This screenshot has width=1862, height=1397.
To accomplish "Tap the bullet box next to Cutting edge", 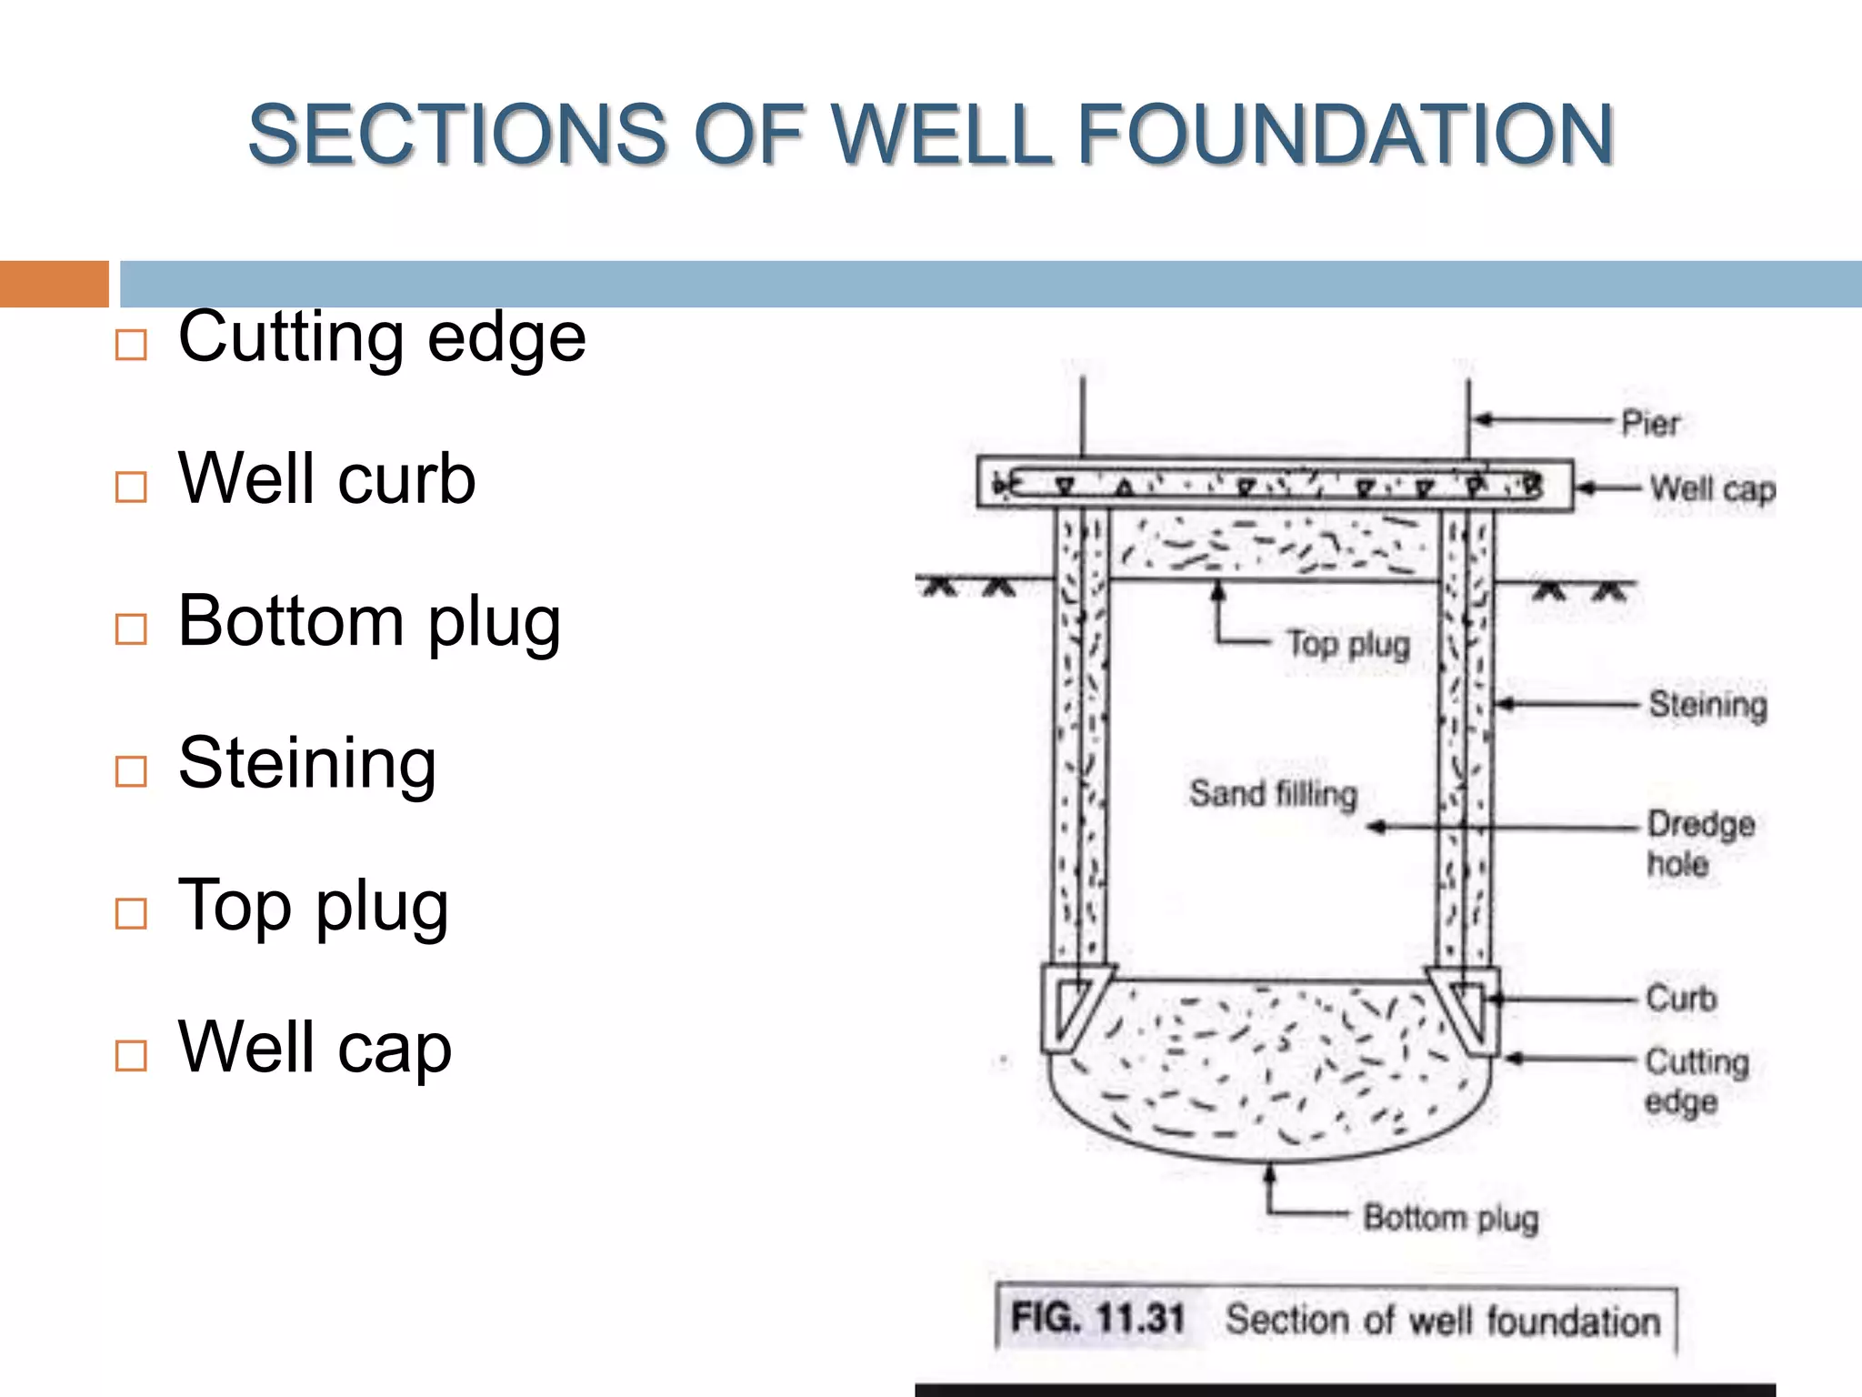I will tap(131, 345).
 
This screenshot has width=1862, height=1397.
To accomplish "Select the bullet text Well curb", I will tap(326, 478).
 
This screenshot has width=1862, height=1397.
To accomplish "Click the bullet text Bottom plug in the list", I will tap(369, 621).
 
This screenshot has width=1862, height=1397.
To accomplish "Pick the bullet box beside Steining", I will tap(131, 771).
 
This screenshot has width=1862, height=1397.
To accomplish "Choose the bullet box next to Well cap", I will tap(131, 1056).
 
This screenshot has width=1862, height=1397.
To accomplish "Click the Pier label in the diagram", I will tap(1650, 423).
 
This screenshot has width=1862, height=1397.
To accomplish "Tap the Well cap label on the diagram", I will tap(1711, 489).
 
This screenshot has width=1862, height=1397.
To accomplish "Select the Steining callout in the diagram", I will tap(1707, 705).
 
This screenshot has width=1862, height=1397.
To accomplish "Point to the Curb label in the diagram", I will tap(1681, 999).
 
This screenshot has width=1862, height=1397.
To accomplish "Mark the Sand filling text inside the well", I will tap(1273, 793).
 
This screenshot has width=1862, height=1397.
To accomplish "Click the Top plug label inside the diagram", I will tap(1347, 644).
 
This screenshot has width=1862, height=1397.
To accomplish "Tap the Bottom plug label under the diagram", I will tap(1450, 1217).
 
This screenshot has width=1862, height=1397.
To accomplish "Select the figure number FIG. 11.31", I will tap(1097, 1318).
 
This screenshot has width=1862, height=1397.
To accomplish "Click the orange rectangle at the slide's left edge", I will tap(54, 284).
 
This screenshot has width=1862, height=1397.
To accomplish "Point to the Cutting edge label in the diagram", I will tap(1696, 1080).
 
